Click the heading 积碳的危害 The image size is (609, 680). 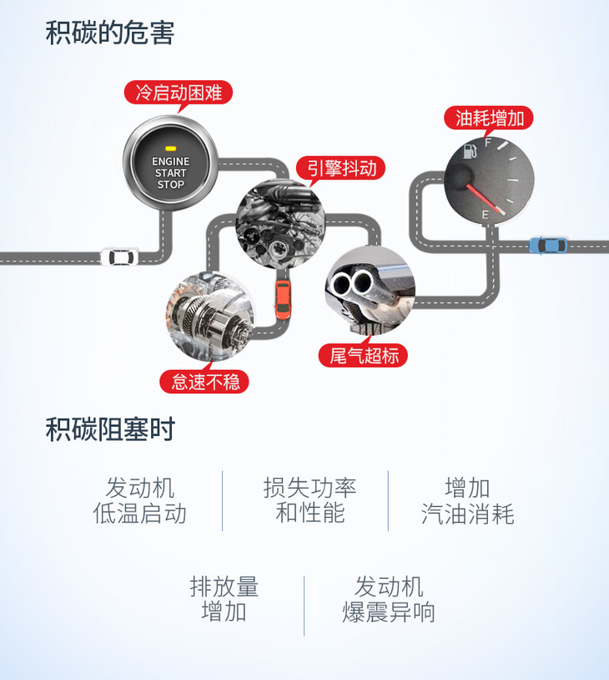(x=110, y=34)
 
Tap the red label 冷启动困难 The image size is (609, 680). (x=179, y=92)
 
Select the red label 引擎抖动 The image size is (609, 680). (x=342, y=168)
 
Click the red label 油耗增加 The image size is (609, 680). (x=490, y=118)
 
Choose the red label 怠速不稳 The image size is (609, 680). (x=205, y=382)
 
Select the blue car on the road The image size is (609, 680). (x=548, y=246)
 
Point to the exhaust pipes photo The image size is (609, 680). (x=370, y=288)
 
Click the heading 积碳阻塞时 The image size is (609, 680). (x=110, y=430)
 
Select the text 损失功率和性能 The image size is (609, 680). (x=310, y=500)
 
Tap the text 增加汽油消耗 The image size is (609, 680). (x=467, y=500)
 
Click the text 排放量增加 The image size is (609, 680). (x=224, y=599)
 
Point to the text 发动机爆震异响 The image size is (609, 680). (x=389, y=599)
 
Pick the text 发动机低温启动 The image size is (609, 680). (x=139, y=500)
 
